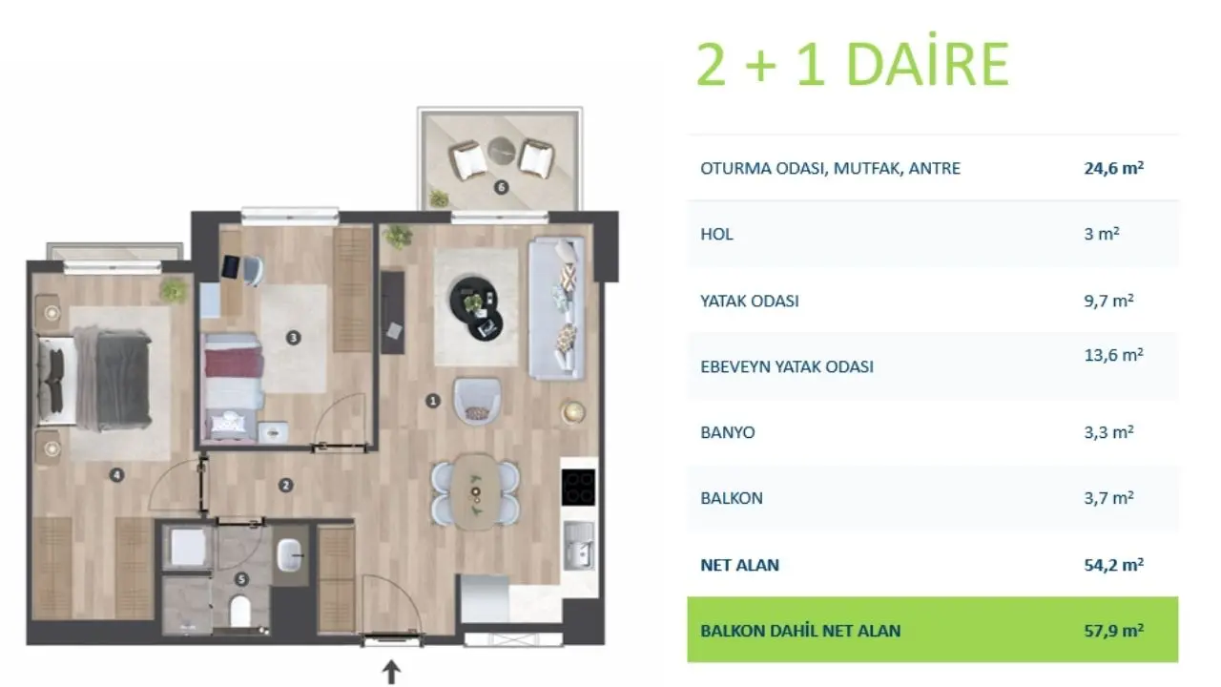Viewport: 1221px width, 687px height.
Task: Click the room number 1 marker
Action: tap(433, 402)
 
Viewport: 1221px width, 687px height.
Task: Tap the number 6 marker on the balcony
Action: tap(501, 188)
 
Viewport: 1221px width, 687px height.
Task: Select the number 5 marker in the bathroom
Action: tap(241, 579)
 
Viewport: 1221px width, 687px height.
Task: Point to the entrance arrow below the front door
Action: tap(391, 672)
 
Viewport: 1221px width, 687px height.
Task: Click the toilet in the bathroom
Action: tap(239, 610)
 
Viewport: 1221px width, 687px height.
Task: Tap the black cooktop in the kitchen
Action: tap(578, 487)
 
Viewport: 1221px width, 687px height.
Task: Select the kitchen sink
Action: tap(578, 545)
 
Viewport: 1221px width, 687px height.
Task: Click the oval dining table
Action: tap(476, 491)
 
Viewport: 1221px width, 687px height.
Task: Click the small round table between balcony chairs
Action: tap(501, 151)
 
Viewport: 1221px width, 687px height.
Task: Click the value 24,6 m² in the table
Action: tap(1113, 168)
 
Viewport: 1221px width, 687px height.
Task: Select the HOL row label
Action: tap(716, 235)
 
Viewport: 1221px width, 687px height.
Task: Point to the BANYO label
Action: tap(727, 432)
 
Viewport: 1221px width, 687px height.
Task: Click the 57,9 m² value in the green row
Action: tap(1113, 631)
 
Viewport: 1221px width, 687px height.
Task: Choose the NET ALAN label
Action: tap(739, 565)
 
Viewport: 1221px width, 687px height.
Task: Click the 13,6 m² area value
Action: tap(1113, 356)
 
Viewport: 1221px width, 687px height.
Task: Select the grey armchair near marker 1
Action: tap(477, 402)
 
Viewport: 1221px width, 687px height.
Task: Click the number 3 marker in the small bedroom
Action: tap(293, 338)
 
